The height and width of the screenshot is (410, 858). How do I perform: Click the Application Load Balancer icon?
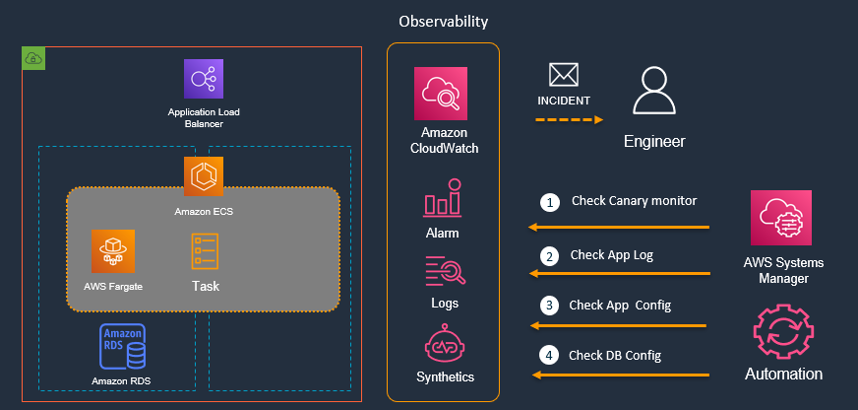[x=204, y=79]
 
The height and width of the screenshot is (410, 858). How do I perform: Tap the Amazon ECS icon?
[x=204, y=176]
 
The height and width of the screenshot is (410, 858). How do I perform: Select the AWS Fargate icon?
[x=112, y=251]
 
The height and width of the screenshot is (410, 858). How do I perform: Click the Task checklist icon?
[x=205, y=251]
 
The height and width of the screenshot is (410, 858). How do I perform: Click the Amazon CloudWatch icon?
[x=442, y=94]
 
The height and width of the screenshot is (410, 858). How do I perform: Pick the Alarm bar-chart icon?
[x=442, y=198]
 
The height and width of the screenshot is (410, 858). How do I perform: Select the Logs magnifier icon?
[x=442, y=270]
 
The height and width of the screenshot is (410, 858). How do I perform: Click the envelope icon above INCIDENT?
[x=563, y=75]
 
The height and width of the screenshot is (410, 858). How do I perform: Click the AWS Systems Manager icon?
[x=781, y=218]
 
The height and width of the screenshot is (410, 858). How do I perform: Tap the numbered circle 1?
[x=549, y=202]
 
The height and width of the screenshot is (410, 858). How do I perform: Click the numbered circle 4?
[x=549, y=355]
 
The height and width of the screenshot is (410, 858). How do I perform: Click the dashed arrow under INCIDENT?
[x=568, y=120]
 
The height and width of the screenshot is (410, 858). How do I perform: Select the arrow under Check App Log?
[x=620, y=273]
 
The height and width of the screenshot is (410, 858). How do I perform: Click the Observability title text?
[x=443, y=21]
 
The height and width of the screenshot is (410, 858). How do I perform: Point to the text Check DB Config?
[x=615, y=355]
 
